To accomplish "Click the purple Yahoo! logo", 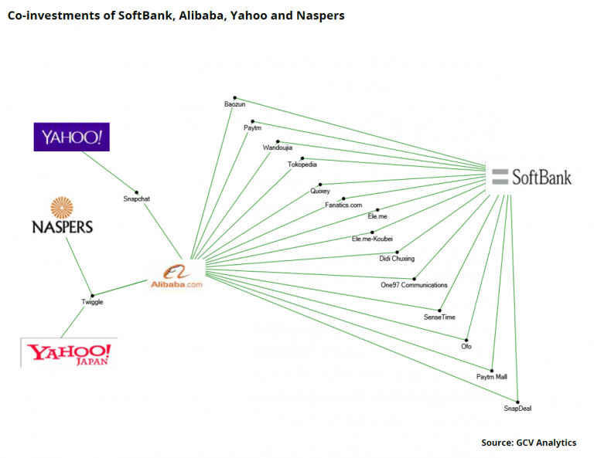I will [72, 137].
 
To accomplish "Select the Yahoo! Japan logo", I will [69, 354].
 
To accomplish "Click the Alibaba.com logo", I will [176, 276].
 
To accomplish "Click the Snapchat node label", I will [137, 199].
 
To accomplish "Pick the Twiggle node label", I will [92, 302].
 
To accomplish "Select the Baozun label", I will [234, 104].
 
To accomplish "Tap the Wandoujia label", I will [278, 148].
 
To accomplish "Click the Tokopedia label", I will [302, 165].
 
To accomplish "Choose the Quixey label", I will [320, 191].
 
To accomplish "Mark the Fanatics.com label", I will [343, 205].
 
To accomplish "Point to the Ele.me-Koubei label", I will [373, 239].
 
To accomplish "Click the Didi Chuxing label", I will [397, 259].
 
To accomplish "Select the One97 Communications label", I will [415, 285].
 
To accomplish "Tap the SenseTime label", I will [440, 317].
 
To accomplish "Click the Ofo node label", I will [466, 346].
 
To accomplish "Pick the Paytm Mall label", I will [492, 377].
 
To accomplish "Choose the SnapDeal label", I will [517, 408].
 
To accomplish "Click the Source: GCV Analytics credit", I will [528, 443].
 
